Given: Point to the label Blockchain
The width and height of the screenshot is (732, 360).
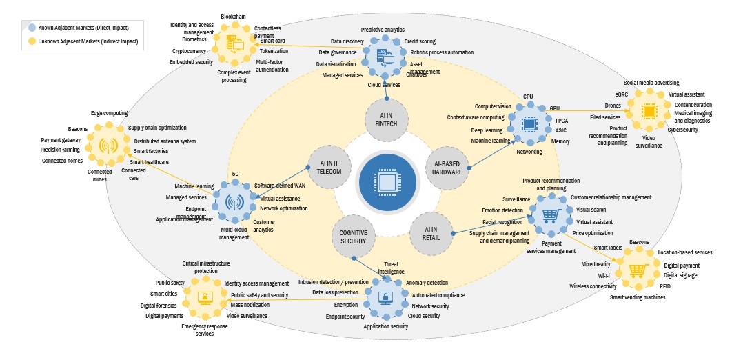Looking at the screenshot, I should coord(234,15).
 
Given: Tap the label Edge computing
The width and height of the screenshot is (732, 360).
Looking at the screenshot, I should coord(110,113).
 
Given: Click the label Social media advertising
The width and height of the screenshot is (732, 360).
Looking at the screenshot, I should coord(651,83).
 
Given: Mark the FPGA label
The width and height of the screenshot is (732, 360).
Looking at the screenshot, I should coord(562,120).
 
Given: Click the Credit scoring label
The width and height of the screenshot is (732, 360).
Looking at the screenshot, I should coord(419,41).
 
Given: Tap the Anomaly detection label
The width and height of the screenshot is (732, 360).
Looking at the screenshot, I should coord(427,283).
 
